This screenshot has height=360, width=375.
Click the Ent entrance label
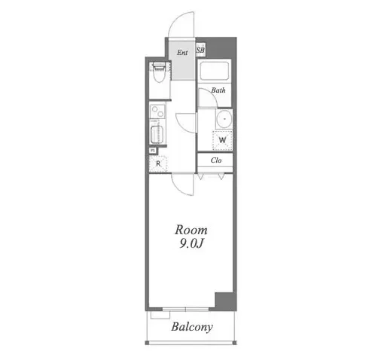coord(182,53)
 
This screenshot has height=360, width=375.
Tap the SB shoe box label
coord(200,50)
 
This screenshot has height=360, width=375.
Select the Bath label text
coord(218,90)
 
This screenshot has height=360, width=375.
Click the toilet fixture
coord(159,72)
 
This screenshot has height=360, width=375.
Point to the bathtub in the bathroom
coord(215,70)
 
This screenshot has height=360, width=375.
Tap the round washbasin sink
coord(224,119)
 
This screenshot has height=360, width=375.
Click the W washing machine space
coord(222,140)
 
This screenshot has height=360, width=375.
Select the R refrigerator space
coord(158,163)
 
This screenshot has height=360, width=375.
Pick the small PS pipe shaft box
coord(153,151)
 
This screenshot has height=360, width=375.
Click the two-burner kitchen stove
coord(157,111)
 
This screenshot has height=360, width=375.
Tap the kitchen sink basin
coord(157,135)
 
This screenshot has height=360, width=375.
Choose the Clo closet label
coord(216,160)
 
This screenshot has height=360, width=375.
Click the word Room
coord(191,230)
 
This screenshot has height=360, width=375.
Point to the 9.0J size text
coord(191,243)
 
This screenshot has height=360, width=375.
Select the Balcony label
coord(192,327)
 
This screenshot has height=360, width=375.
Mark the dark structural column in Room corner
coord(224,301)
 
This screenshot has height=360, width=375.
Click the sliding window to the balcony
coord(185,309)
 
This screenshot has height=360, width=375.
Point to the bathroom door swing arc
coord(211,93)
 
